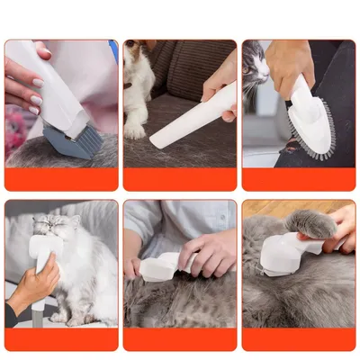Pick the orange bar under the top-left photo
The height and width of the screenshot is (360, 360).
60,180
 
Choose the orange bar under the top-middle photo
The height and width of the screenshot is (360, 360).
180,180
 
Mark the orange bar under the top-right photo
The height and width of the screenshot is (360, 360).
299,180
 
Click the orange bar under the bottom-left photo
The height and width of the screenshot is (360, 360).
60,339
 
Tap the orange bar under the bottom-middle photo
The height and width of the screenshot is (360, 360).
180,339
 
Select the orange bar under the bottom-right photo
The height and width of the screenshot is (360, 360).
299,339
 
